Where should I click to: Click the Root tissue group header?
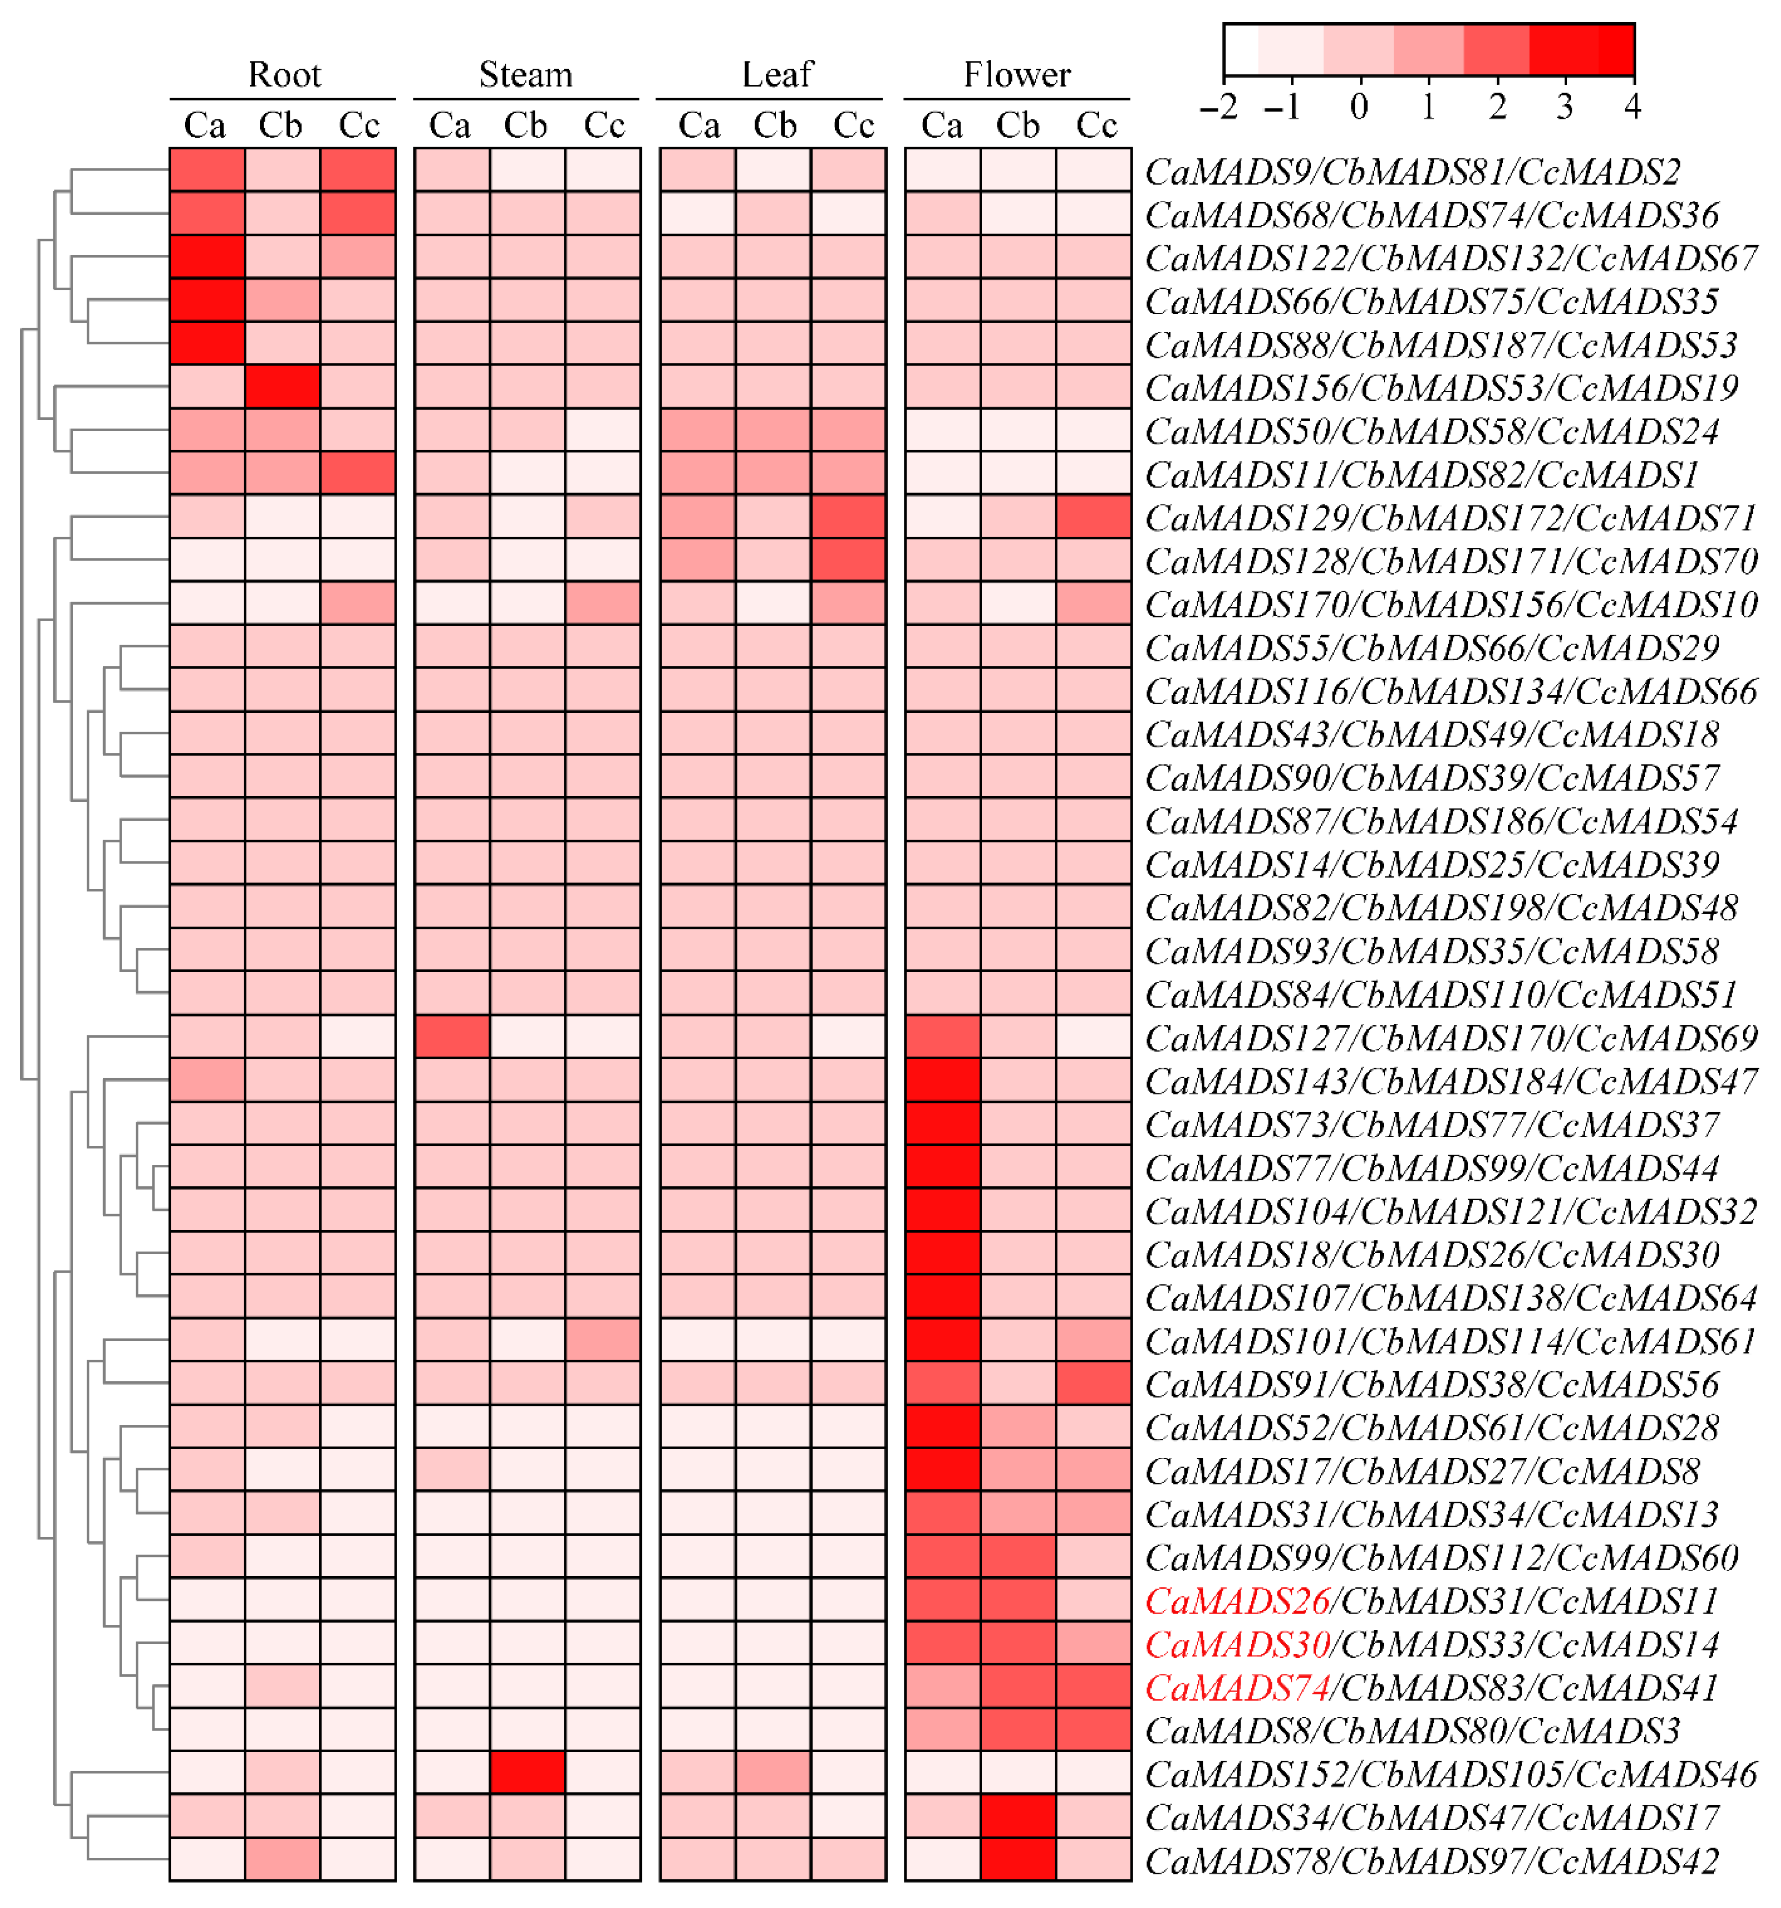pyautogui.click(x=284, y=75)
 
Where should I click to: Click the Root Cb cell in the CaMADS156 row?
pyautogui.click(x=282, y=387)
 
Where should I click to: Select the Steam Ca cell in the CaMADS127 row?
pyautogui.click(x=452, y=1037)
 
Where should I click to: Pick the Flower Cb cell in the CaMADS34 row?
pyautogui.click(x=1018, y=1816)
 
